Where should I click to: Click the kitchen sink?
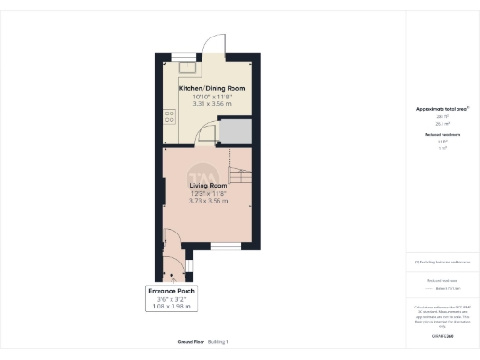[x=187, y=66]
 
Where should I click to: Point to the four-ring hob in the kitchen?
[x=170, y=118]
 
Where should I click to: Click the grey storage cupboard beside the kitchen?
[x=238, y=131]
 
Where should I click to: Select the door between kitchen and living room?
[x=205, y=138]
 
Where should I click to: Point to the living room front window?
[x=224, y=247]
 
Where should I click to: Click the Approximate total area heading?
[x=442, y=109]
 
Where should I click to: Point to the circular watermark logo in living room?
[x=200, y=177]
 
